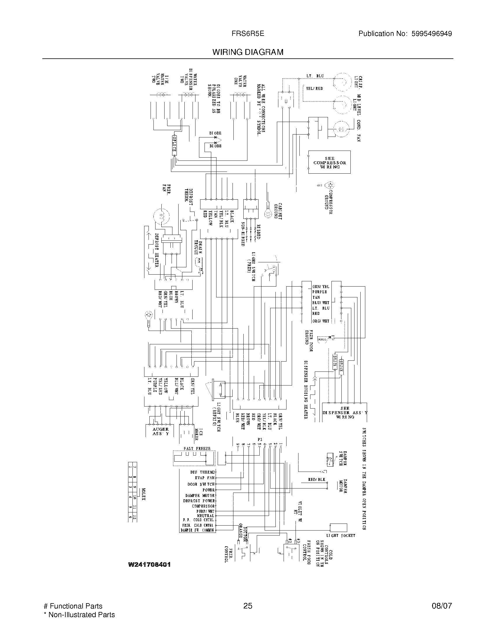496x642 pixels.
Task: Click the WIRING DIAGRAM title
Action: coord(248,52)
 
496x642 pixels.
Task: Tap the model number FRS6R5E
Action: coord(248,34)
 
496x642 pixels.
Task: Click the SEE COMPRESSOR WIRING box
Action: coord(329,162)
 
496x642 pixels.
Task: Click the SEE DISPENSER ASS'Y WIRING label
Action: coord(345,412)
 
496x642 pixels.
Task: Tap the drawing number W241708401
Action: coord(149,564)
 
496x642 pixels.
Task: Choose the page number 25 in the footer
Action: coord(248,606)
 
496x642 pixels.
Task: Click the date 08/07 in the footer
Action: coord(442,606)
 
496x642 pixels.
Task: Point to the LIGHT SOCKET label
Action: coord(341,535)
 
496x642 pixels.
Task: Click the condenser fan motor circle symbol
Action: coord(341,129)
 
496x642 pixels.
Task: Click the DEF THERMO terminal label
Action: coord(202,472)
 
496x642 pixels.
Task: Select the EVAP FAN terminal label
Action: coord(205,478)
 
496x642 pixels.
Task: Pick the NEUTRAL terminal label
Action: coord(205,516)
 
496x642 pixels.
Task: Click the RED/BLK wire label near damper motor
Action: coord(317,479)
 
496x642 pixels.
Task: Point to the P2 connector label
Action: coord(260,439)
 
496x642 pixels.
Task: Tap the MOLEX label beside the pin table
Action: coord(143,494)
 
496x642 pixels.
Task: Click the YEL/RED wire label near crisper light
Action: coord(314,88)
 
